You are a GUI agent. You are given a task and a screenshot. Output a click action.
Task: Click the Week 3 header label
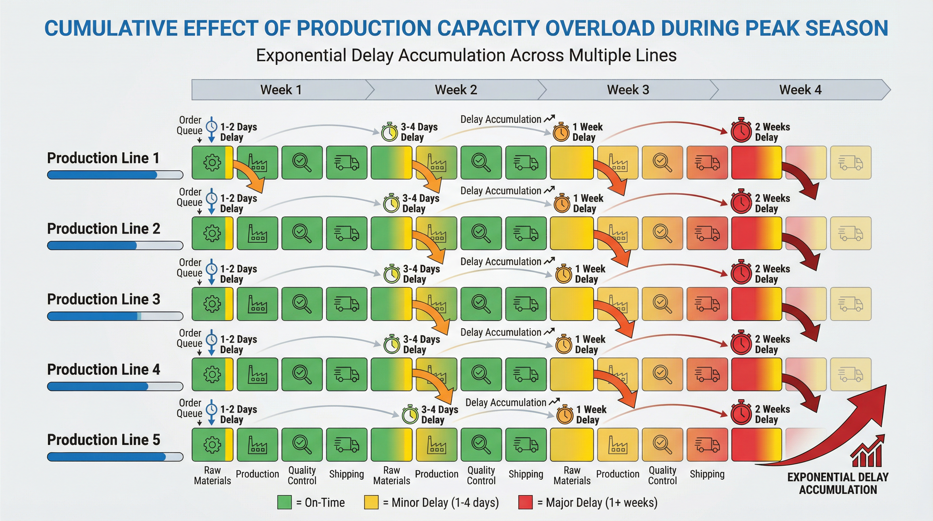coord(628,90)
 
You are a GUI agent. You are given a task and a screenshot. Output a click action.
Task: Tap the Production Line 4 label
coord(104,370)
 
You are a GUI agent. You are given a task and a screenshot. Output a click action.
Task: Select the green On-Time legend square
coord(284,503)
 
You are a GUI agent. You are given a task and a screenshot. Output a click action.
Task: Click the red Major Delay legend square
coord(525,503)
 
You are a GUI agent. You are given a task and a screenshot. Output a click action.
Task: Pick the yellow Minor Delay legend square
coord(371,503)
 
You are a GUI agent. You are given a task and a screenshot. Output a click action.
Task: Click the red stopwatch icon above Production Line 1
coord(741,131)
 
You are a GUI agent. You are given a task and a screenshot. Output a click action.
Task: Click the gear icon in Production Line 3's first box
coord(212,304)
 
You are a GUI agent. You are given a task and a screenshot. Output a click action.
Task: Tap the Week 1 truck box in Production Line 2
coord(346,233)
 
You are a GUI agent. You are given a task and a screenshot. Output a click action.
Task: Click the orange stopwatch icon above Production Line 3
coord(563,274)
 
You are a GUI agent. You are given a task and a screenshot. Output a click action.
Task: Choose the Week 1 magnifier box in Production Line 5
coord(302,445)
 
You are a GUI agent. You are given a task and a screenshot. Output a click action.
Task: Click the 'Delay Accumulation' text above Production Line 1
coord(500,119)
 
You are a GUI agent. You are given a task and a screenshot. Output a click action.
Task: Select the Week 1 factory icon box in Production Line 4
coord(257,374)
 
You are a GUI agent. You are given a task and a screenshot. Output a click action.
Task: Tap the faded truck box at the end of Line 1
coord(850,163)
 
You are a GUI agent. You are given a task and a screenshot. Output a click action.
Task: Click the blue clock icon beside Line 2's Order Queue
coord(212,198)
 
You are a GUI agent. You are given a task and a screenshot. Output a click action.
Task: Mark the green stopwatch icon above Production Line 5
coord(410,415)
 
